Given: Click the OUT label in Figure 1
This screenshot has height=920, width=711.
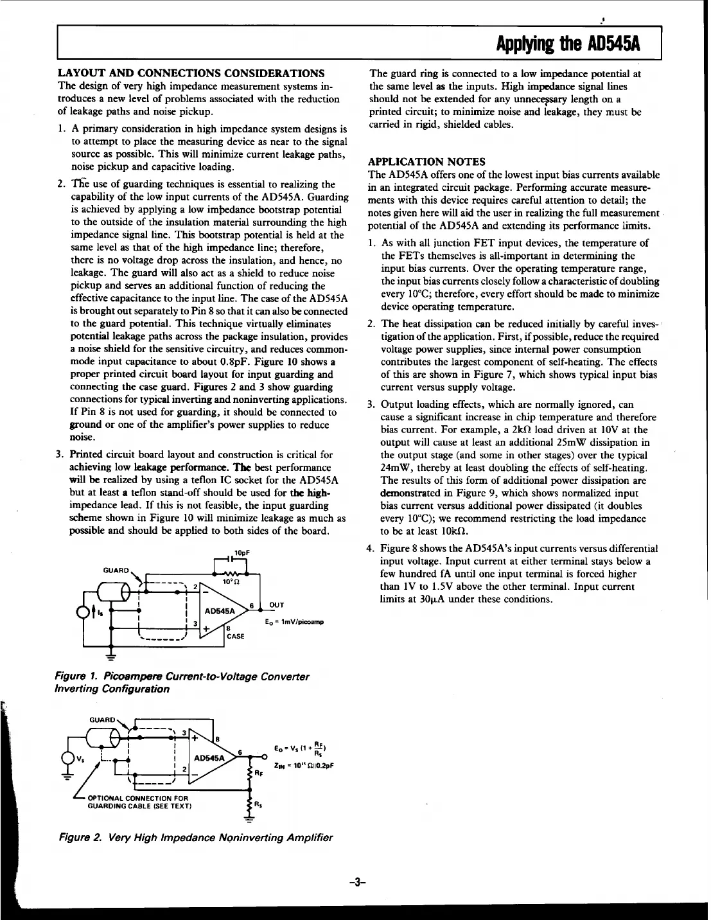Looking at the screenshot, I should [x=277, y=605].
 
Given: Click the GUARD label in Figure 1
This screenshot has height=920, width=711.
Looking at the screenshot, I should [x=117, y=569].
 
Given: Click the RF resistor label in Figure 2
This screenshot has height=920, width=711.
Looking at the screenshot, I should [x=259, y=774].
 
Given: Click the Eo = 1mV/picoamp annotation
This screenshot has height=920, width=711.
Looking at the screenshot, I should [x=294, y=622].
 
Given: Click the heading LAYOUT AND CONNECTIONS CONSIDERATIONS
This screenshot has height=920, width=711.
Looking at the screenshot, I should [x=191, y=72].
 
